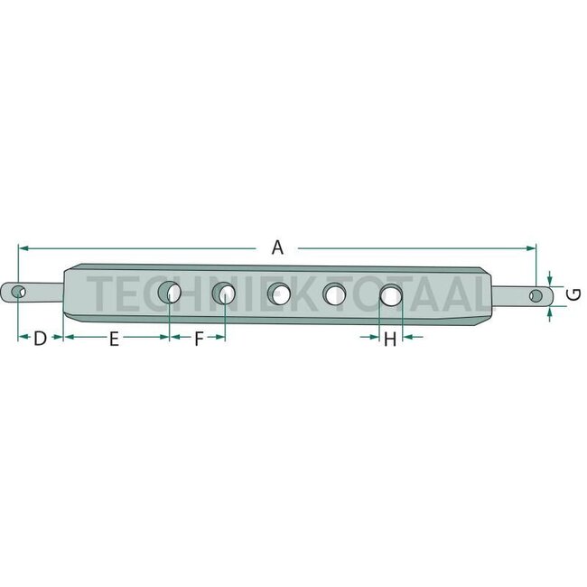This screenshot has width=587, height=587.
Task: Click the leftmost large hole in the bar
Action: click(x=169, y=293)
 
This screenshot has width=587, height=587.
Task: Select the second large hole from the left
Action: click(x=224, y=293)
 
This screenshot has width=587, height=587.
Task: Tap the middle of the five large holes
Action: click(x=279, y=293)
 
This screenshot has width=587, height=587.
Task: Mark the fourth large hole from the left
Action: click(x=335, y=293)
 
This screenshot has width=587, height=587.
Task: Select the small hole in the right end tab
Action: click(x=536, y=295)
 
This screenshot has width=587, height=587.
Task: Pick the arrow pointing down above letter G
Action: click(x=550, y=279)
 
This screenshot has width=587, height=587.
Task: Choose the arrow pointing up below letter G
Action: click(x=550, y=310)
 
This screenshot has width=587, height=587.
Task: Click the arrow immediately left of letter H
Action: click(x=374, y=337)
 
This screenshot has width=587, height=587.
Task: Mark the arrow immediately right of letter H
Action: click(x=407, y=337)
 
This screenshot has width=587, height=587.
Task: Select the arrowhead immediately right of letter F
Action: click(x=219, y=337)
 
